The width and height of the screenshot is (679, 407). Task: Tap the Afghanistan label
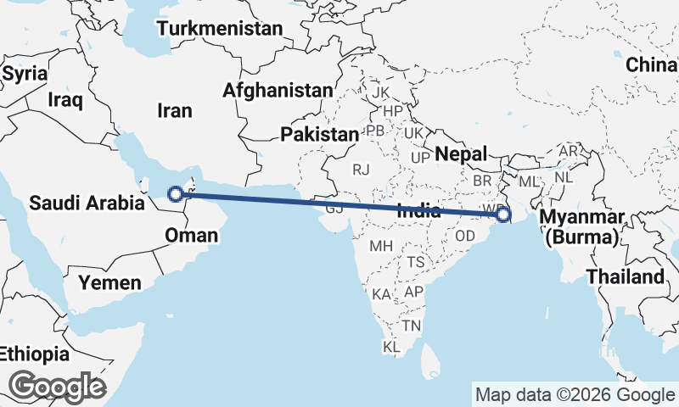click(278, 90)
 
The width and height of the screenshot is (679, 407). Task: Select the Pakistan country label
click(321, 134)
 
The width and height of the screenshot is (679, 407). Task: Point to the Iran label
click(175, 110)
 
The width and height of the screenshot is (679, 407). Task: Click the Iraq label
click(65, 101)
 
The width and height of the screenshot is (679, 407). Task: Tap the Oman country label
click(193, 233)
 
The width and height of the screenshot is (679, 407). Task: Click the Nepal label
click(462, 154)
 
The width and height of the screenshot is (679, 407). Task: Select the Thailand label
click(625, 276)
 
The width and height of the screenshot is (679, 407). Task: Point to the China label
click(651, 65)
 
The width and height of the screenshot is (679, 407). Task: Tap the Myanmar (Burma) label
click(587, 227)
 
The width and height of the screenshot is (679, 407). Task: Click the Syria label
click(24, 73)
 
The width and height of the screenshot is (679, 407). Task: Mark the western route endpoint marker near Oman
click(175, 193)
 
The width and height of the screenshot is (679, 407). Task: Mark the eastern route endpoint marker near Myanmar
click(503, 215)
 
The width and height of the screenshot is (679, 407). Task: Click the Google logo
click(57, 387)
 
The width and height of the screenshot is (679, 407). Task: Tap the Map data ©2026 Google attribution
click(574, 394)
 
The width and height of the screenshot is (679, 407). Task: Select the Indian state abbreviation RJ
click(362, 170)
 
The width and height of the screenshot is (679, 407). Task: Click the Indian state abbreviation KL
click(392, 348)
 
